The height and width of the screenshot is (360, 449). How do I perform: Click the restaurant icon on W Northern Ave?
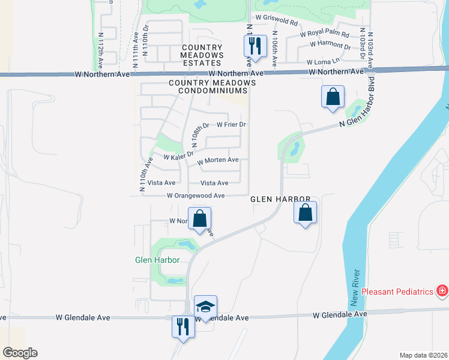255,46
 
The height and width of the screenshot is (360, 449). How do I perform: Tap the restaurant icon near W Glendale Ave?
181,327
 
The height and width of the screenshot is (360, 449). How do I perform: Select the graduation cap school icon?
205,307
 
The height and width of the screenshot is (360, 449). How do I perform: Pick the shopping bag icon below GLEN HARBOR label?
306,212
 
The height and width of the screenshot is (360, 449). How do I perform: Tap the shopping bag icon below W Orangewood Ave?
199,219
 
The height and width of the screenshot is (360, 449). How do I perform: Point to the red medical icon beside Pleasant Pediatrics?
442,291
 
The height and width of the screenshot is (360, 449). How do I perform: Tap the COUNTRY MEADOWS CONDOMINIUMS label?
208,86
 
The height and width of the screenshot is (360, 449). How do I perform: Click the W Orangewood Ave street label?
196,196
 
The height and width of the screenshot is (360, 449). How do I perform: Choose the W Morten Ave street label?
218,160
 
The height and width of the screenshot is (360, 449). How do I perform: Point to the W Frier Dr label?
232,125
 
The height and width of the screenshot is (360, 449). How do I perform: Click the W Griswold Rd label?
276,22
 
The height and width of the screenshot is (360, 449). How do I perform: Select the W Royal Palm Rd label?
324,34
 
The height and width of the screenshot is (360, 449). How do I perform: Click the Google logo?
20,353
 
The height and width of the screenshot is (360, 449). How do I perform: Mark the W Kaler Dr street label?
178,156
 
